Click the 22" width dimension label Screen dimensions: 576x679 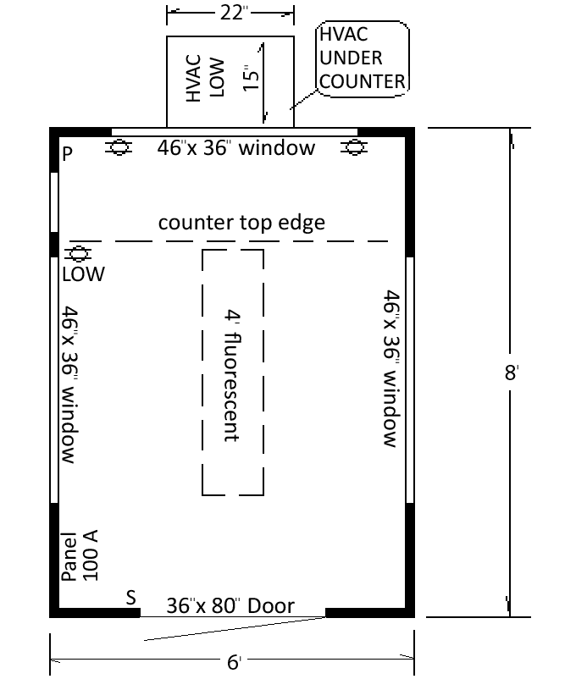click(234, 13)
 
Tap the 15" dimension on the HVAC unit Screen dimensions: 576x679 click(251, 79)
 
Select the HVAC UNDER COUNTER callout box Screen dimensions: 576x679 click(363, 58)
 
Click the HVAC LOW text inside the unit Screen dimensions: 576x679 click(205, 78)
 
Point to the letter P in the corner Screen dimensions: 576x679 click(67, 154)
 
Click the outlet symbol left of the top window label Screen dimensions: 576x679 click(119, 147)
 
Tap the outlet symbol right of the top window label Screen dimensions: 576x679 click(354, 147)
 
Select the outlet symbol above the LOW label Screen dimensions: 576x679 click(78, 254)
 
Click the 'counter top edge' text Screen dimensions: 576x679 click(241, 223)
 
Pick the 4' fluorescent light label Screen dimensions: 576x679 click(232, 375)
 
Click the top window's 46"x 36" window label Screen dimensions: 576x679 click(236, 147)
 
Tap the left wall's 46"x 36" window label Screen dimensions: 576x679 click(69, 384)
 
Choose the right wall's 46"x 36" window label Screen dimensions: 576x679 click(391, 368)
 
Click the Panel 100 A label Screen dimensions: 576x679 click(80, 555)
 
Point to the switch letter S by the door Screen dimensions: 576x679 click(131, 598)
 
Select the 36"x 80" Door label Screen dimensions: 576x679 click(230, 605)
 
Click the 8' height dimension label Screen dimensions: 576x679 click(512, 372)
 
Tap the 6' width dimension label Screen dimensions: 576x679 click(234, 662)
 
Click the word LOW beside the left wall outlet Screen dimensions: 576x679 click(84, 274)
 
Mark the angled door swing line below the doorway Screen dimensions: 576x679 click(235, 629)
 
